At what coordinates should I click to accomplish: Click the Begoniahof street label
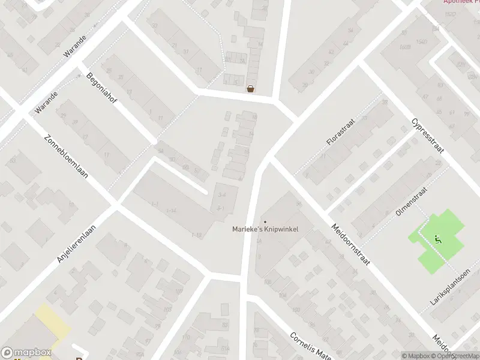pyautogui.click(x=101, y=88)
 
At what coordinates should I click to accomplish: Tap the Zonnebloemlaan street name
pyautogui.click(x=66, y=157)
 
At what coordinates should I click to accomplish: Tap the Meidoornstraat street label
pyautogui.click(x=352, y=245)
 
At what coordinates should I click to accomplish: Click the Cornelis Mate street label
pyautogui.click(x=311, y=345)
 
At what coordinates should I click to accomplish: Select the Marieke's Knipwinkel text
pyautogui.click(x=265, y=229)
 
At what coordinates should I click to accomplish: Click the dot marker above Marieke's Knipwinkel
pyautogui.click(x=265, y=222)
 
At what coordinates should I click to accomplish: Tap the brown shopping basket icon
pyautogui.click(x=250, y=89)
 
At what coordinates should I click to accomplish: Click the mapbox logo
pyautogui.click(x=26, y=353)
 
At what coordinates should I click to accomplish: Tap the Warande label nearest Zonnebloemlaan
pyautogui.click(x=46, y=103)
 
